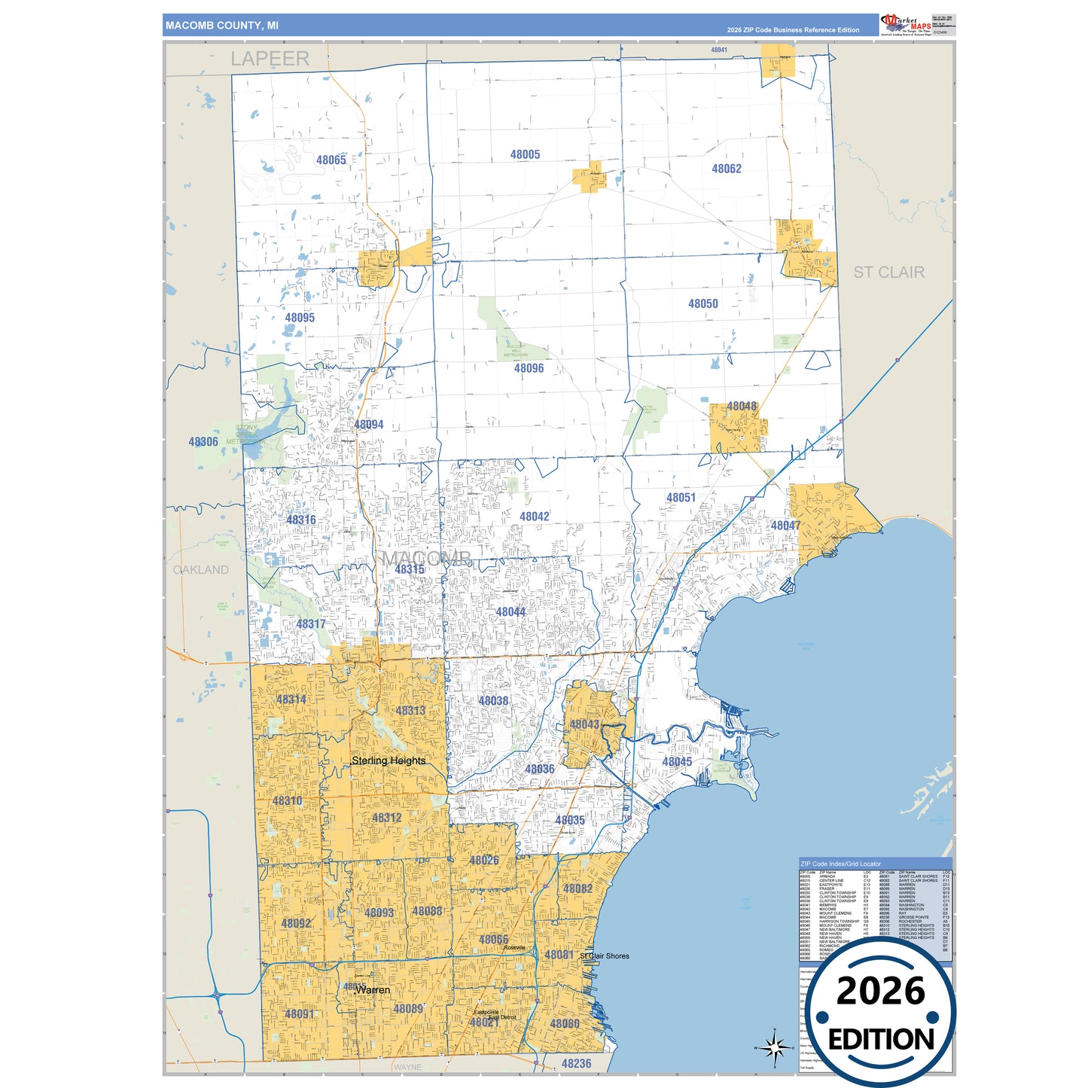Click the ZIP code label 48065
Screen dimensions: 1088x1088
pos(331,160)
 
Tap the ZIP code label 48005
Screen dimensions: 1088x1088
pos(525,154)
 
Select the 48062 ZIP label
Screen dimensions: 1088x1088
pos(727,169)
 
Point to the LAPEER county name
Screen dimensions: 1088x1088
pos(270,59)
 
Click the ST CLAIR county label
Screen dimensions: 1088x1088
pos(888,272)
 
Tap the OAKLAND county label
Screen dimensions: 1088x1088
pos(201,569)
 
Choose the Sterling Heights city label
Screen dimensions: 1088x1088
pos(389,760)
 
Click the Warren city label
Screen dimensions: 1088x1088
pos(373,989)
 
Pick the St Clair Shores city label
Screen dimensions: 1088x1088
pos(605,955)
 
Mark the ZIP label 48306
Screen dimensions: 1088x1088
pos(203,442)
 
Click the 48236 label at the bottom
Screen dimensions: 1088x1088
pos(576,1063)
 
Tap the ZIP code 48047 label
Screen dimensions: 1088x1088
pos(785,526)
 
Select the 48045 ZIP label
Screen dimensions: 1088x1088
pos(677,762)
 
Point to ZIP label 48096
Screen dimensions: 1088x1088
pos(529,368)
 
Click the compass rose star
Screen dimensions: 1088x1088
pos(774,1047)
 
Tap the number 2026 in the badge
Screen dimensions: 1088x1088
pos(880,991)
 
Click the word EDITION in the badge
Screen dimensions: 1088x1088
pos(881,1039)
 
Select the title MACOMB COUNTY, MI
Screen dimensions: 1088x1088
pos(222,26)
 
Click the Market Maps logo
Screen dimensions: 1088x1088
pos(906,25)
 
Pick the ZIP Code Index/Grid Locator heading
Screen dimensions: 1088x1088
pos(840,864)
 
